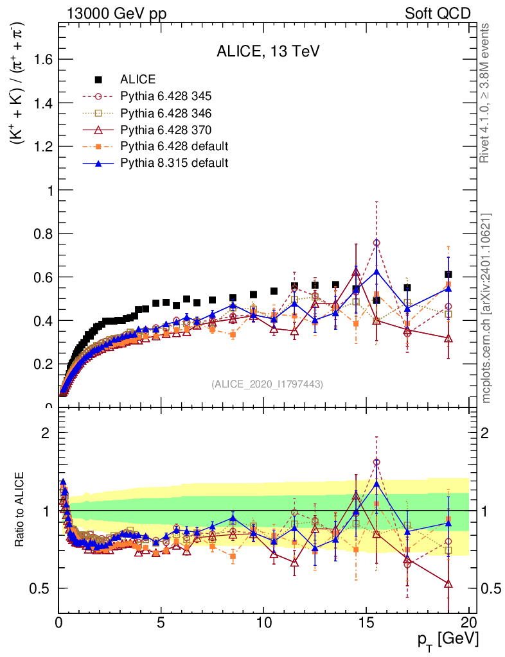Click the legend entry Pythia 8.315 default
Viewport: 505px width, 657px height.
[173, 163]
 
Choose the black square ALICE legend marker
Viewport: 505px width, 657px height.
[98, 80]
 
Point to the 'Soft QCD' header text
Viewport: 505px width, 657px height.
[438, 13]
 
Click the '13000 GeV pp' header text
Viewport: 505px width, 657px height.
[116, 13]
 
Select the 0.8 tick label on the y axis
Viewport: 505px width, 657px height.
[42, 234]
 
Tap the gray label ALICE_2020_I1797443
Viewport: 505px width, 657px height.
[267, 384]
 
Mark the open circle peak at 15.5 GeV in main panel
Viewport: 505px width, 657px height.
[377, 243]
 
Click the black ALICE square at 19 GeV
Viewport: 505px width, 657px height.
[448, 274]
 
